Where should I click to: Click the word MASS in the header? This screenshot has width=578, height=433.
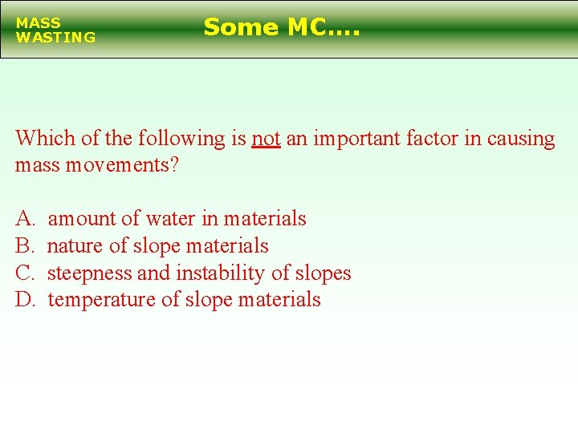pos(38,23)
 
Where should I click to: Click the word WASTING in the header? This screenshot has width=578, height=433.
pos(55,37)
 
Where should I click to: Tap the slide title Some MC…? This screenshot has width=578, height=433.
pos(282,27)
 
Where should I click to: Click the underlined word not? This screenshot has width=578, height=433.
pos(266,139)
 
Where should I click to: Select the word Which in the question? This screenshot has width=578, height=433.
pos(46,139)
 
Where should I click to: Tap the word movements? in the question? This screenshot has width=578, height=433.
pos(131,166)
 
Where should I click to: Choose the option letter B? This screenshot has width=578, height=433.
pos(25,245)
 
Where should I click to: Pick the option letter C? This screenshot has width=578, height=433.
pos(25,273)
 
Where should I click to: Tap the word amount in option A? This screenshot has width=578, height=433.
pos(83,218)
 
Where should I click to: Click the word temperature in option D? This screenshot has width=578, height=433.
pos(102,300)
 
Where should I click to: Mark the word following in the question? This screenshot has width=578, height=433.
pos(181,139)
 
